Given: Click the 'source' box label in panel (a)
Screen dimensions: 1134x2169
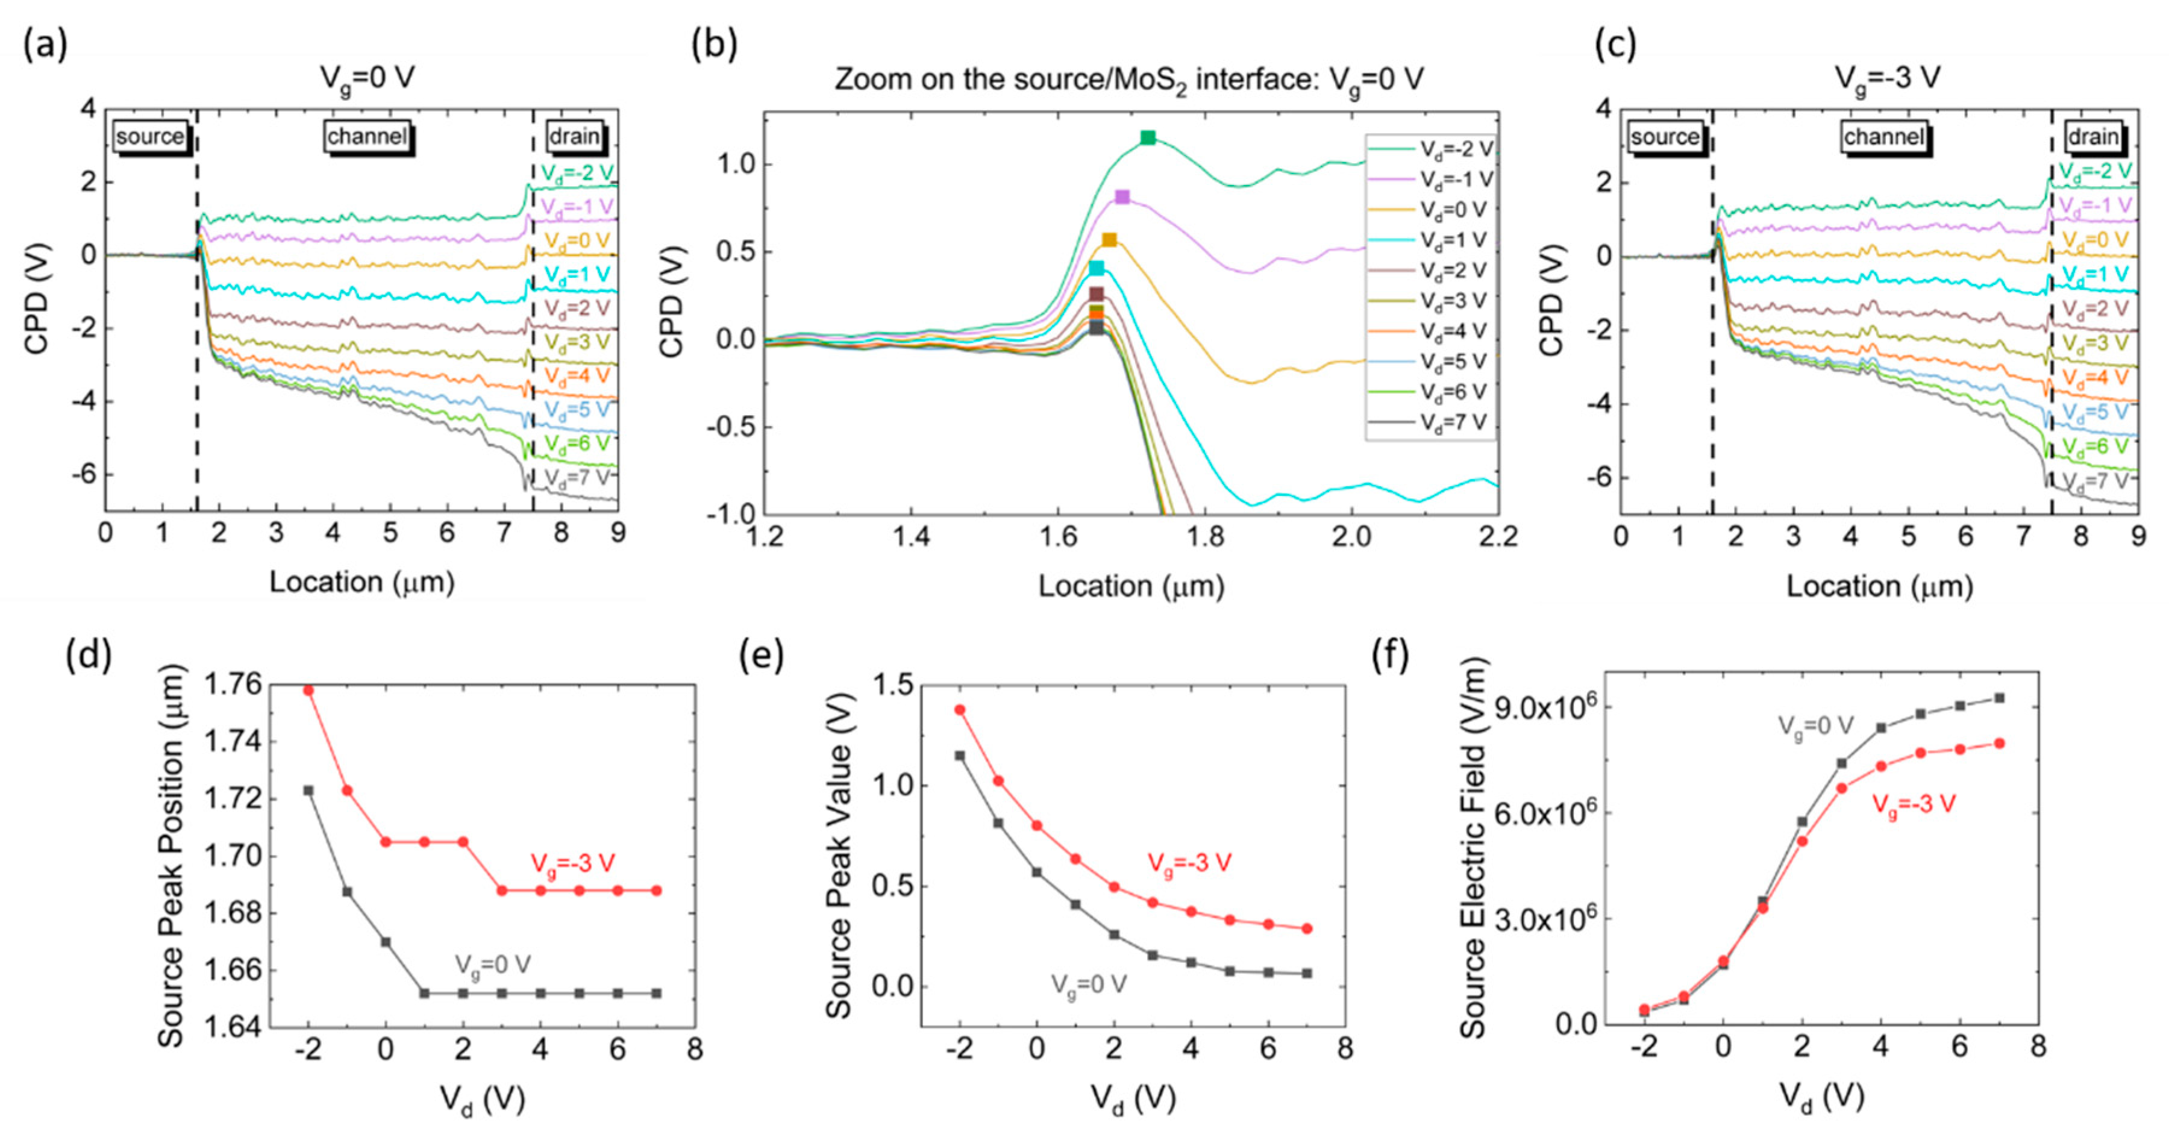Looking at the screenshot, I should point(150,136).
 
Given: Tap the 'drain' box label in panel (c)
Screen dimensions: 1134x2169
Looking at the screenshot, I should point(2093,136).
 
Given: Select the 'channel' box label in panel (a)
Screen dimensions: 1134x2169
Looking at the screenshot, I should point(367,136).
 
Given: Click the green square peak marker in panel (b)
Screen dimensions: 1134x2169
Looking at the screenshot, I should point(1148,138).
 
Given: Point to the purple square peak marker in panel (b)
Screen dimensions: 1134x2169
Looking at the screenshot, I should point(1122,197).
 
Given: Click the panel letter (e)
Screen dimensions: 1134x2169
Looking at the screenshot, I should point(761,654).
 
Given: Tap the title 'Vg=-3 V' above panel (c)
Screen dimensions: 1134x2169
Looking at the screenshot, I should point(1887,78).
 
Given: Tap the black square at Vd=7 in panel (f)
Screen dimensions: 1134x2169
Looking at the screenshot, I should point(1999,698).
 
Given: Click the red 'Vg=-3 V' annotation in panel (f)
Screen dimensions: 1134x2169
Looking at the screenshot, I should point(1913,804).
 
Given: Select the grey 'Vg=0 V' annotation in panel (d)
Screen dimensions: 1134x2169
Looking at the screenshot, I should point(493,965).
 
